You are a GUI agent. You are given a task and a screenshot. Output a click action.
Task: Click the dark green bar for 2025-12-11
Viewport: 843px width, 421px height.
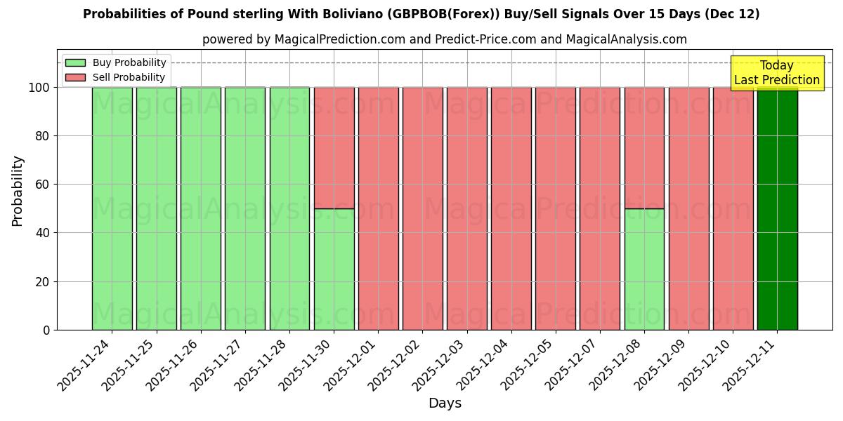777,208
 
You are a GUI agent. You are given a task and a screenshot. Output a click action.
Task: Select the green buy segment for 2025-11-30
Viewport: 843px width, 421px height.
334,269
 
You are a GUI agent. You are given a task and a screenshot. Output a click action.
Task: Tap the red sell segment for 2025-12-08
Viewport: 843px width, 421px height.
644,147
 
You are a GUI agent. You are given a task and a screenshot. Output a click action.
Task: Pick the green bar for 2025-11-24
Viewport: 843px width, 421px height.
112,208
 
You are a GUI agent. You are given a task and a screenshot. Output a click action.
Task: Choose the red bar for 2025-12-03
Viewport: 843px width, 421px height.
466,208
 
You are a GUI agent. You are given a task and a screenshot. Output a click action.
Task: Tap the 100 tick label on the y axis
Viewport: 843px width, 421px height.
39,88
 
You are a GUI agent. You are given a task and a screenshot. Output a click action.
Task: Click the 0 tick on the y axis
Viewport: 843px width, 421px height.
46,330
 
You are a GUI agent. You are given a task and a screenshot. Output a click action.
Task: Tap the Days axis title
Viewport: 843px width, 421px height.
445,403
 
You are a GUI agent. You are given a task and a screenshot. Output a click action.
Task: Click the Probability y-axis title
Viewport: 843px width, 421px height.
18,191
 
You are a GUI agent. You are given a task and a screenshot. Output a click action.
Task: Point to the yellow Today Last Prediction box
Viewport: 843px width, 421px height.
776,73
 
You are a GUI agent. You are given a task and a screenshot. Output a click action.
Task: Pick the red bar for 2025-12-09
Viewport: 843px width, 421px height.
688,208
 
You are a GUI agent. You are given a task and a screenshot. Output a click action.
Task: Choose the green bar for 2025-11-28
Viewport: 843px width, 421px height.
289,208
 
